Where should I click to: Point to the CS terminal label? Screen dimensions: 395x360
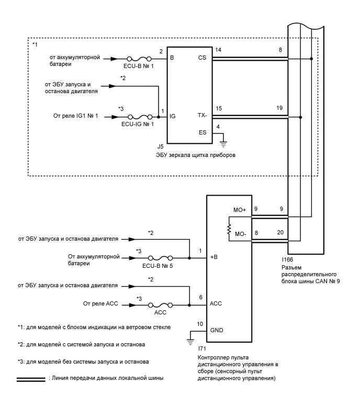[x=203, y=58]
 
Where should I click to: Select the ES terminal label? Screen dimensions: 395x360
[x=203, y=133]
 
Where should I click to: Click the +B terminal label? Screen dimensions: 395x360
[x=215, y=258]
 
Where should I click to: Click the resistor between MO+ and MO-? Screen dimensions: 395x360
[x=229, y=229]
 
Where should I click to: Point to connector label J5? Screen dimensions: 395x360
[x=161, y=147]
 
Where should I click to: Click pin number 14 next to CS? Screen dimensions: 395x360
[x=218, y=49]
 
